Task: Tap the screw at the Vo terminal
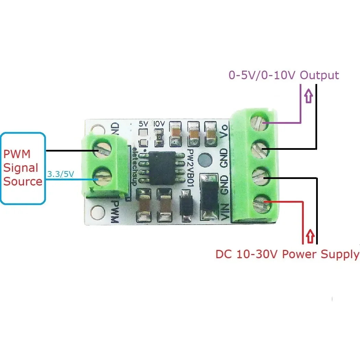click(261, 122)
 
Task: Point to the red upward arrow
click(310, 237)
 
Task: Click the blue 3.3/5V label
click(60, 174)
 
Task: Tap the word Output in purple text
click(319, 75)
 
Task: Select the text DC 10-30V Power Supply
click(287, 254)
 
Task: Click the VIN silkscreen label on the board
click(225, 212)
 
